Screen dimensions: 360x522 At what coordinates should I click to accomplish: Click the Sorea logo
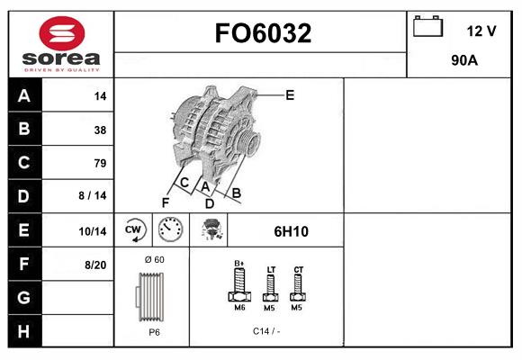pos(60,43)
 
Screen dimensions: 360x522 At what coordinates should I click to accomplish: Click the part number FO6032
pos(262,33)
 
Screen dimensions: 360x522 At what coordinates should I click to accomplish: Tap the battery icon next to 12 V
pos(427,28)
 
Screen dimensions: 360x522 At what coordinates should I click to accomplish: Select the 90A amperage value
pos(463,62)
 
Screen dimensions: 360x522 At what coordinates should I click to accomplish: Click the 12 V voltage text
pos(481,31)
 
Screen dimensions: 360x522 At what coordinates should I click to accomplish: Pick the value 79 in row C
pos(100,163)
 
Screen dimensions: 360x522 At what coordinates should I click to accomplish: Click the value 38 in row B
pos(100,130)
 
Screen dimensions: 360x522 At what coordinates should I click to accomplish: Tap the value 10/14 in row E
pos(93,231)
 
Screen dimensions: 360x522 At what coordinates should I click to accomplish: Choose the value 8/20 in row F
pos(94,264)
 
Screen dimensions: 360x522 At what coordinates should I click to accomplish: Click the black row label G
pos(23,296)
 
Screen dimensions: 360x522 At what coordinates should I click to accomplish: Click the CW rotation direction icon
pos(134,230)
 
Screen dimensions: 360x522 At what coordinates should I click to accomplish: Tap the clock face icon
pos(170,230)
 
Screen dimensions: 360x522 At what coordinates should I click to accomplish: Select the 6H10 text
pos(291,231)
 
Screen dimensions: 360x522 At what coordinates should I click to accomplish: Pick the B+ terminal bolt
pos(240,284)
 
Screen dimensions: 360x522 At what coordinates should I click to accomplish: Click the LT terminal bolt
pos(270,286)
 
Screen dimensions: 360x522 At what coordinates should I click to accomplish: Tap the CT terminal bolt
pos(298,286)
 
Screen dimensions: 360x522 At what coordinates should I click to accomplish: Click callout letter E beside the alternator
pos(290,94)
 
